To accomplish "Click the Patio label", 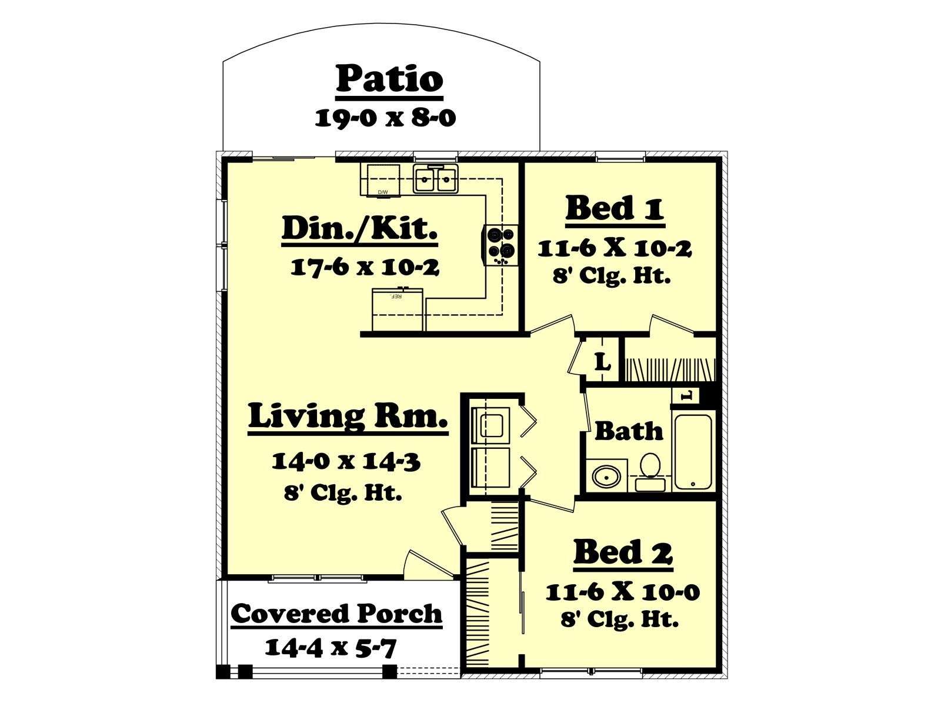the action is click(x=389, y=79).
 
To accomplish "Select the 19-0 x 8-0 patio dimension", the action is click(x=385, y=118).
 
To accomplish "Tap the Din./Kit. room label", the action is click(x=360, y=229).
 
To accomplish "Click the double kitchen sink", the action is click(x=435, y=178).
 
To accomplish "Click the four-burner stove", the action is click(x=500, y=245).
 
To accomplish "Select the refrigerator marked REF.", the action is click(x=398, y=309).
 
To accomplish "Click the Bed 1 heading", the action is click(x=615, y=209).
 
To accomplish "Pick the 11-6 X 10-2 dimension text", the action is click(x=615, y=249).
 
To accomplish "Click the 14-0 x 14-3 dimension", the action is click(x=346, y=462).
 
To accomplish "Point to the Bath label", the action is click(x=629, y=431).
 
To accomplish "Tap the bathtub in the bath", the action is click(x=693, y=452).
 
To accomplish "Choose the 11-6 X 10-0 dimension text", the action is click(x=622, y=592).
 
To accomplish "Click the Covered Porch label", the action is click(x=336, y=614).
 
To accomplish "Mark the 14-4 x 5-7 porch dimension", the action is click(x=330, y=648).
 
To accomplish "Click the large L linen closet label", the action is click(x=602, y=364).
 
